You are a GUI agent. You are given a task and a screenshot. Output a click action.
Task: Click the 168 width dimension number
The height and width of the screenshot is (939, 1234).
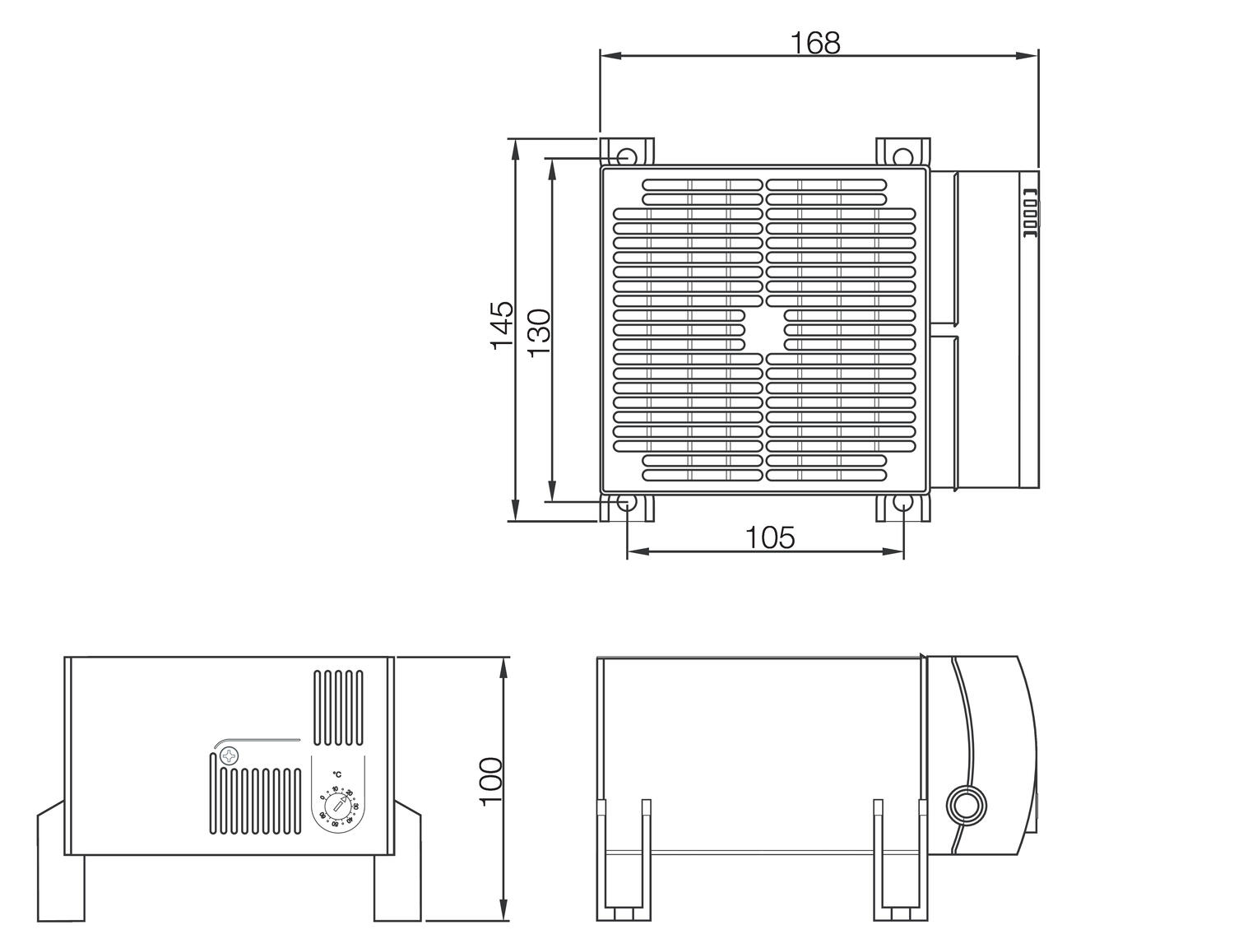pyautogui.click(x=815, y=43)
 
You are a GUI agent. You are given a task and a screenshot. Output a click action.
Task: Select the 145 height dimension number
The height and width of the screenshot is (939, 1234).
pyautogui.click(x=502, y=326)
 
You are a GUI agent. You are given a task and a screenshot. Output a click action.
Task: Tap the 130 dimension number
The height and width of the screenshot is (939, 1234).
pyautogui.click(x=539, y=332)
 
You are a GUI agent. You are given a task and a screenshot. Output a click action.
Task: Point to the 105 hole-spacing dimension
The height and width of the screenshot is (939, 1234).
pyautogui.click(x=770, y=537)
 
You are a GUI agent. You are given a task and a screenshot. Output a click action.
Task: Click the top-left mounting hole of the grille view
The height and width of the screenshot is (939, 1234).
pyautogui.click(x=626, y=156)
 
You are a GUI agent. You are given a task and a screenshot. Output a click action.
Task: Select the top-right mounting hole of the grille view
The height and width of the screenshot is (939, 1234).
pyautogui.click(x=902, y=156)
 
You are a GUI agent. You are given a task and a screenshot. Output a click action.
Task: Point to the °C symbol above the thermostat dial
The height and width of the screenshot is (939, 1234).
pyautogui.click(x=337, y=774)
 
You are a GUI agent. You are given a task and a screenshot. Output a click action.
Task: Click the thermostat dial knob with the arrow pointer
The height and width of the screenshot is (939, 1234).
pyautogui.click(x=336, y=806)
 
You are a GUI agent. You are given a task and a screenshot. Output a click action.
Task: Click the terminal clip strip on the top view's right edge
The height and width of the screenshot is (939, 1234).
pyautogui.click(x=1029, y=214)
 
